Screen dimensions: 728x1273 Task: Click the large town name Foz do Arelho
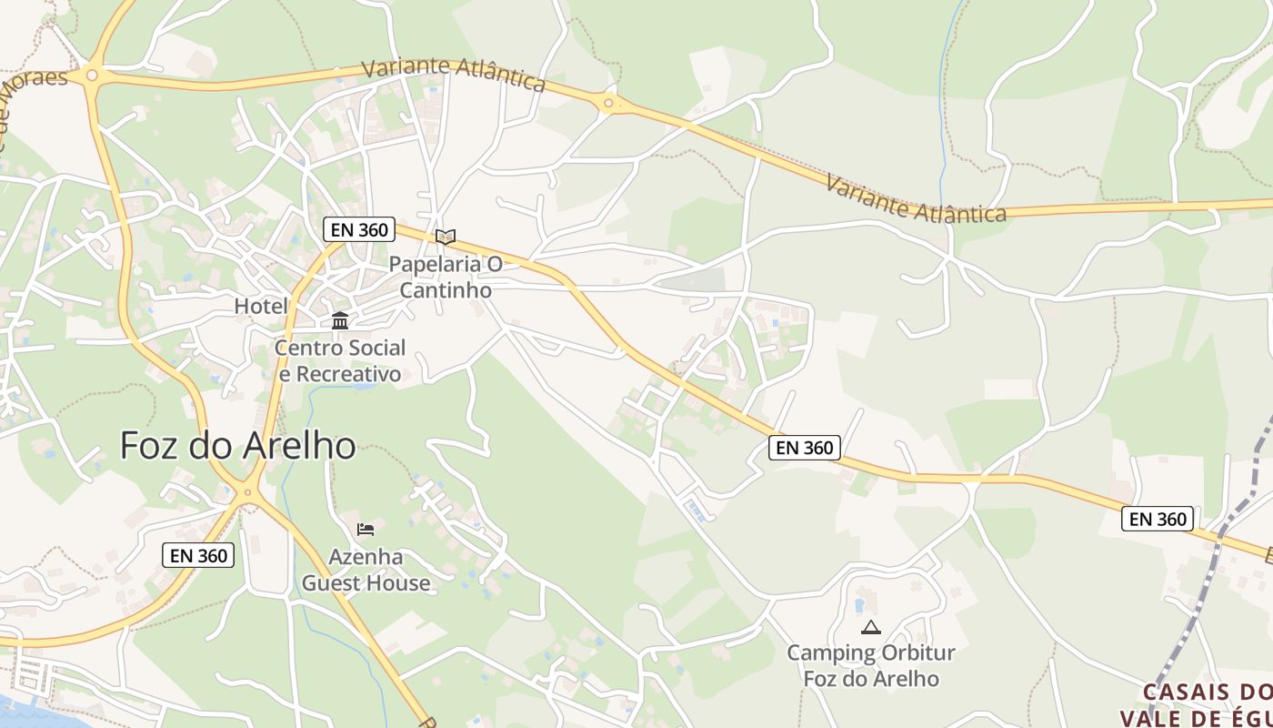point(237,446)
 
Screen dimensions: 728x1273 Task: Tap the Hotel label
point(261,306)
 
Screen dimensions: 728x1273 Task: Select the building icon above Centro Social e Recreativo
point(340,320)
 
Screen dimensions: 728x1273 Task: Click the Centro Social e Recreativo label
point(340,360)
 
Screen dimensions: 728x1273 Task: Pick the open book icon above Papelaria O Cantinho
point(445,237)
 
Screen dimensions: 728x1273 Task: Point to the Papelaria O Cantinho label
point(446,277)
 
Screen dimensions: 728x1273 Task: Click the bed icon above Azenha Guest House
point(366,530)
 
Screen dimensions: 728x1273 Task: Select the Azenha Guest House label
point(366,570)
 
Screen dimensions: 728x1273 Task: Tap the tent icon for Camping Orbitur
point(871,627)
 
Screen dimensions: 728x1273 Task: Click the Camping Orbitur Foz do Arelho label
point(871,665)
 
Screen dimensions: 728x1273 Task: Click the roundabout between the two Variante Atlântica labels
point(607,105)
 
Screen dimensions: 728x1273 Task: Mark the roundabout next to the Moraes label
point(91,75)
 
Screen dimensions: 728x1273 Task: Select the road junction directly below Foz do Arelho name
point(246,494)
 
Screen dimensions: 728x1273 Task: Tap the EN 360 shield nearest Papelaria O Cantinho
point(359,229)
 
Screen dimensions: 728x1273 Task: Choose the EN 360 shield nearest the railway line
point(1157,519)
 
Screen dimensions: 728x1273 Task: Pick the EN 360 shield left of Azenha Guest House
point(198,555)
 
